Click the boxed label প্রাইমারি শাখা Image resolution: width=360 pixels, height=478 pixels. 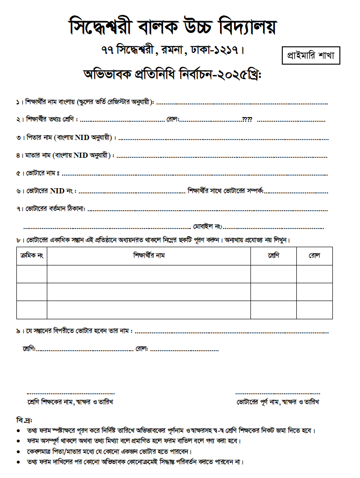point(311,56)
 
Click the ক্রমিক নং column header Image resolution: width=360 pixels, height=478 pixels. point(32,256)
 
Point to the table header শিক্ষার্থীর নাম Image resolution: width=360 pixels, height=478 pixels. point(148,256)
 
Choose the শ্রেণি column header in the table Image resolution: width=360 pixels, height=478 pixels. point(273,256)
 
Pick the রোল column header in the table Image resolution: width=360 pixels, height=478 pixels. point(314,256)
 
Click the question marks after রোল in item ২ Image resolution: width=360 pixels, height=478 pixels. point(247,120)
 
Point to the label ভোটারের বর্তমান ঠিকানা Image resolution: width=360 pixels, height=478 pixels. point(55,209)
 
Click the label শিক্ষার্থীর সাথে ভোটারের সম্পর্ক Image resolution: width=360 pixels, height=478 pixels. point(225,191)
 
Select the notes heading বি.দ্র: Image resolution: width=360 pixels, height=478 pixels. point(24,419)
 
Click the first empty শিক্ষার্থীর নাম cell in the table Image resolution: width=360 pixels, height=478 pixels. point(148,274)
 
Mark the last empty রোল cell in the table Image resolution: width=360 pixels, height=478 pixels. point(314,310)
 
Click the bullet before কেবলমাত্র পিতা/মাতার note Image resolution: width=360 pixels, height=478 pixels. point(18,452)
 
